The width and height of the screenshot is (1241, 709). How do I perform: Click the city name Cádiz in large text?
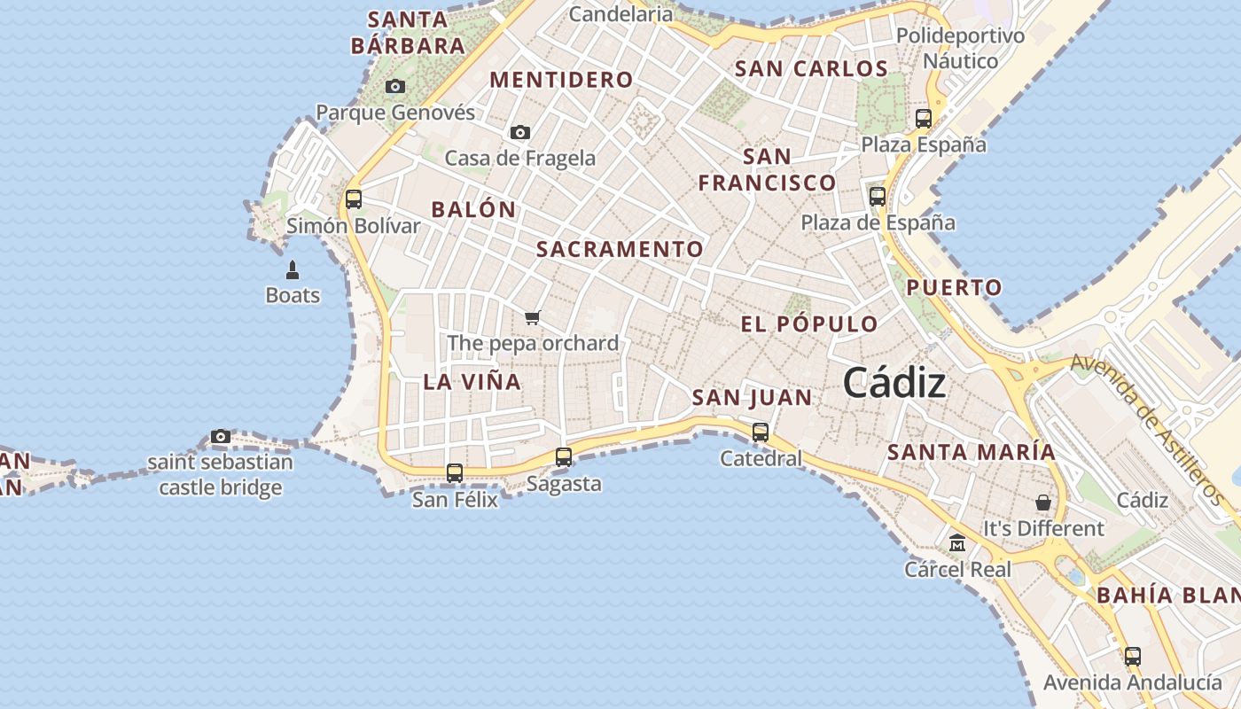[x=894, y=383]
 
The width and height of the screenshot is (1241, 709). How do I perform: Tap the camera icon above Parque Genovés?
[x=395, y=87]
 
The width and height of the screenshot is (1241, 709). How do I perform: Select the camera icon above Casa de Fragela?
[x=520, y=133]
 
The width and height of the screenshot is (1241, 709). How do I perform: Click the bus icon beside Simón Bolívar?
[x=354, y=199]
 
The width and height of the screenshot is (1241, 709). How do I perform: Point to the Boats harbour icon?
[x=293, y=269]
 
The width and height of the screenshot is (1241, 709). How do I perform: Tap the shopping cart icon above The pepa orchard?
[x=533, y=317]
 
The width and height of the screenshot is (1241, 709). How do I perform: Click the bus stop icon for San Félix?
[x=455, y=473]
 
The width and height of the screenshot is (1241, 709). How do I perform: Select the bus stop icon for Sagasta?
[x=564, y=457]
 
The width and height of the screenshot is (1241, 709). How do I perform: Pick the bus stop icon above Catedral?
[x=761, y=432]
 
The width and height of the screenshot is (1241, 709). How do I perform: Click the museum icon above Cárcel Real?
[x=957, y=542]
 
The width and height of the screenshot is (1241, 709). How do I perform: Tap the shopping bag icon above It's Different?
[x=1043, y=503]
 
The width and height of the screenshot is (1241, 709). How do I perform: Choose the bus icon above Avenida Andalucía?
[x=1133, y=657]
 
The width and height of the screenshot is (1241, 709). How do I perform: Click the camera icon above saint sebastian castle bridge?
[x=221, y=436]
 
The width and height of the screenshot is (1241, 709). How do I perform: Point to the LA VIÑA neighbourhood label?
[x=472, y=382]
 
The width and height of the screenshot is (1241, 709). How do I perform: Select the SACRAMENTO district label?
[x=620, y=250]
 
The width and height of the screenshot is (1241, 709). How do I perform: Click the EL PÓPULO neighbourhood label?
[x=809, y=324]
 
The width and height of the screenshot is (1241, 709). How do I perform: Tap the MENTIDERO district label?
[x=562, y=80]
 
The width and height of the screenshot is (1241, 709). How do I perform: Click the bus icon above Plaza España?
[x=924, y=118]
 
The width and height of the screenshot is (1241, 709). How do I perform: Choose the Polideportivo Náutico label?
[x=960, y=48]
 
